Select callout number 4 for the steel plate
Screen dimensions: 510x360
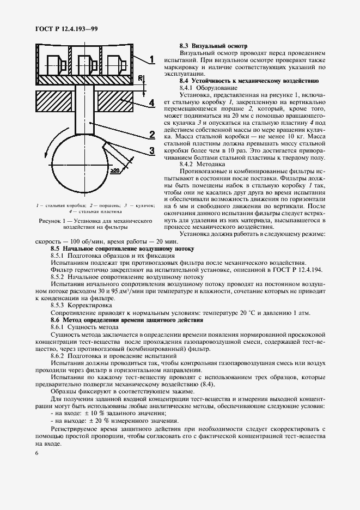[152, 102]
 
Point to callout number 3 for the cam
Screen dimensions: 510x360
[152, 150]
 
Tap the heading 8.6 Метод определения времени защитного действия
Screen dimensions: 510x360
[127, 320]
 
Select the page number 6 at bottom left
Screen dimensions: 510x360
[36, 453]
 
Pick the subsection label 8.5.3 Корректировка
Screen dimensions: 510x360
[81, 306]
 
